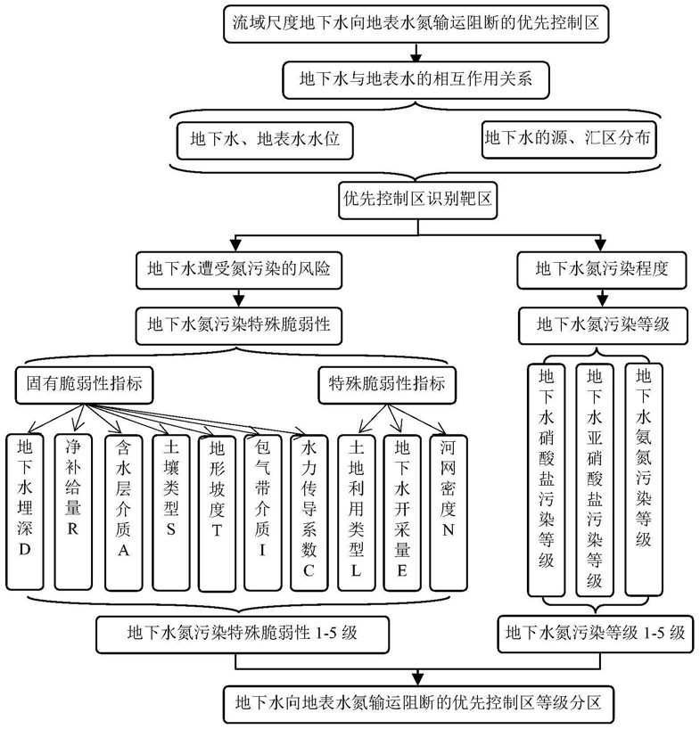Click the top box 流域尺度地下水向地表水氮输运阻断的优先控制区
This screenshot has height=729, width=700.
coord(416,24)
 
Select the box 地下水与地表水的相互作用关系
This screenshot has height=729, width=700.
coord(416,80)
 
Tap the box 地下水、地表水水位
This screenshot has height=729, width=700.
coord(265,141)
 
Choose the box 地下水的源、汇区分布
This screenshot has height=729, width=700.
coord(568,139)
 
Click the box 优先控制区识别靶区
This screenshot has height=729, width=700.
coord(417,201)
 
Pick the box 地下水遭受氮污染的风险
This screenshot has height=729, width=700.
coord(239,270)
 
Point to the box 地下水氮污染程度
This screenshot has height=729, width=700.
coord(602,270)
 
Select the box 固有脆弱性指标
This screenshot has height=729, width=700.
coord(84,385)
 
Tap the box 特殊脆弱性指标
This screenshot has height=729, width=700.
coord(387,385)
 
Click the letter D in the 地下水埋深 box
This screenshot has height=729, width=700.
coord(25,550)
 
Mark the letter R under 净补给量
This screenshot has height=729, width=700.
coord(73,529)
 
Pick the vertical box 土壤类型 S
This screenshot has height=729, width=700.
coord(171,512)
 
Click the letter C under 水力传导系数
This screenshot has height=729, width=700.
coord(309,570)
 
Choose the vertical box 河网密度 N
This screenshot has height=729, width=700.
coord(449,512)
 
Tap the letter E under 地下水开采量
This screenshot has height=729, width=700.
coord(402,570)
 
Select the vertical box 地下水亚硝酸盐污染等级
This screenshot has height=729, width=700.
coord(595,479)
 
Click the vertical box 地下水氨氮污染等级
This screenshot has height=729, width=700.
coord(643,479)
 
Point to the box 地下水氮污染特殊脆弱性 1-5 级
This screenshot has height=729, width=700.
coord(243,635)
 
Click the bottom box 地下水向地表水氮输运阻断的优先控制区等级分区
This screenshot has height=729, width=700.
coord(418,704)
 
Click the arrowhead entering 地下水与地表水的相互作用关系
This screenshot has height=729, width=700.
coord(416,57)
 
